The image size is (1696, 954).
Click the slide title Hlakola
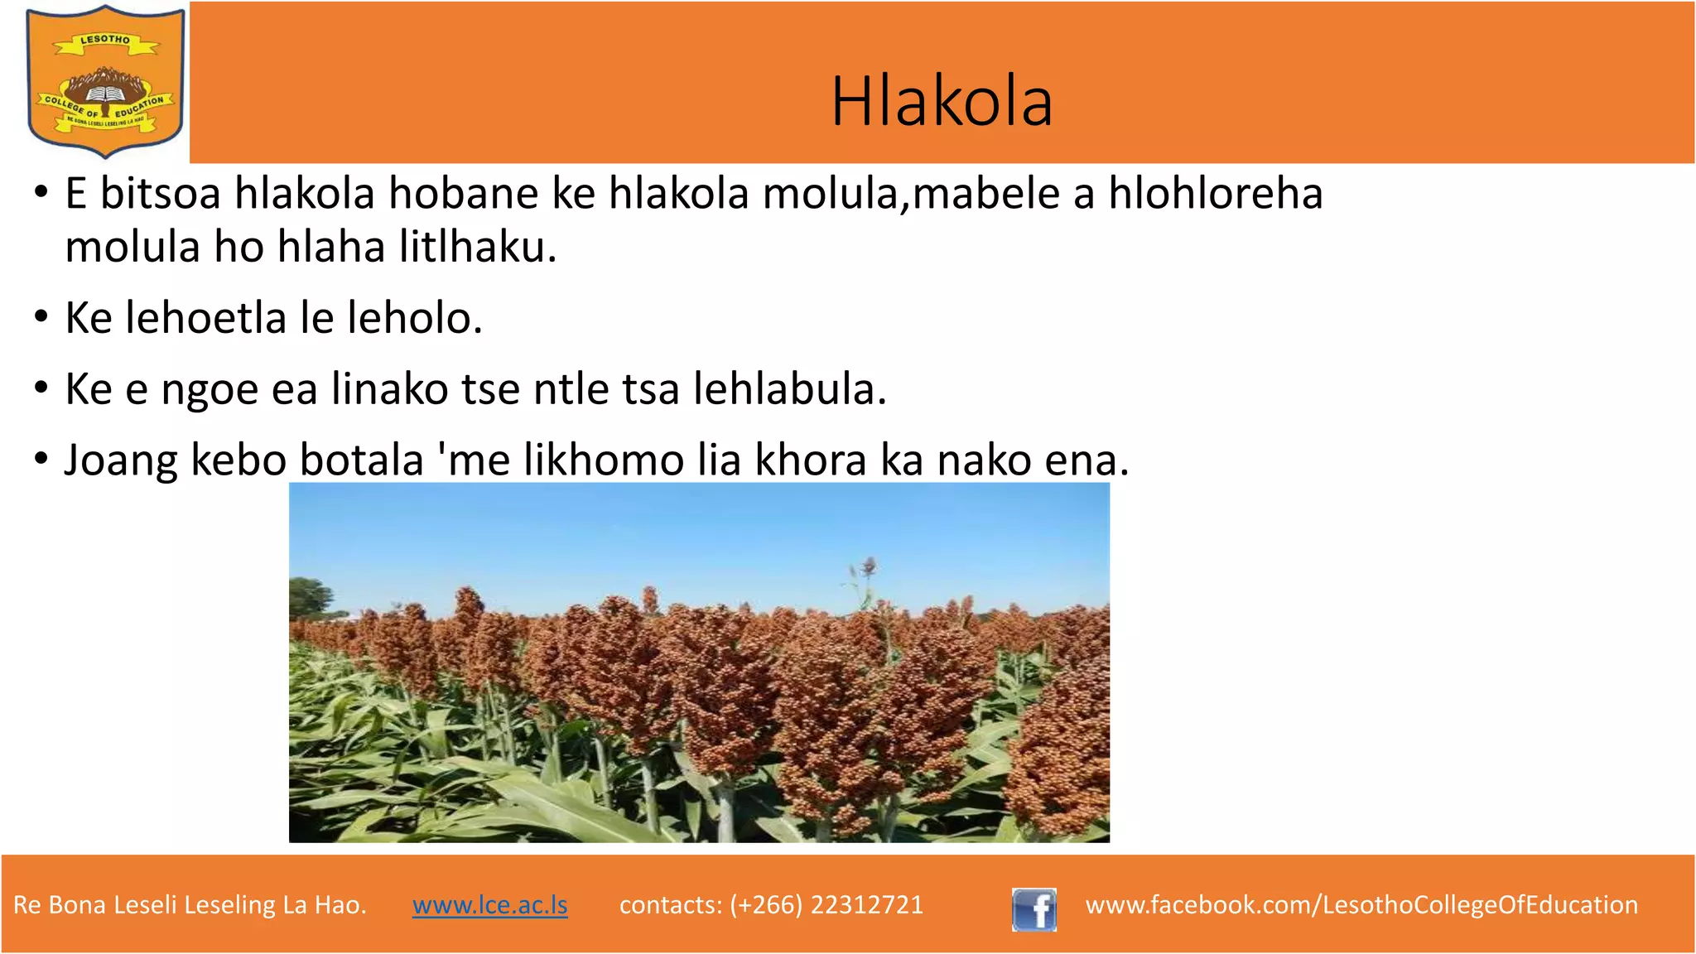(x=942, y=101)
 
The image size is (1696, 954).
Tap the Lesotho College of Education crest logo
(x=105, y=81)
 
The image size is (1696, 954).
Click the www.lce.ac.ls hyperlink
(x=489, y=904)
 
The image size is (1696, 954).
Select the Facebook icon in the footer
(x=1033, y=909)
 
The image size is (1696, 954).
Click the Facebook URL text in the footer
(x=1361, y=904)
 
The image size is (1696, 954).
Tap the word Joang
(x=121, y=461)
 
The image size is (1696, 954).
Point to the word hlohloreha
(x=1215, y=194)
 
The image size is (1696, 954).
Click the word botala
(x=361, y=460)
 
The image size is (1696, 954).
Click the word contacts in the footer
(x=670, y=904)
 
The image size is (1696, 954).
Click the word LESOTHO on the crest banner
(x=105, y=40)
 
